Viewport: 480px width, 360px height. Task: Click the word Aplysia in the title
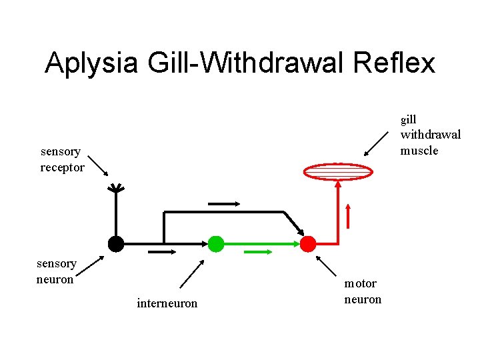[x=91, y=63]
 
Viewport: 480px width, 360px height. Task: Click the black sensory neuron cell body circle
[x=116, y=244]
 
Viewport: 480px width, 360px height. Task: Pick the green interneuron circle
[x=215, y=244]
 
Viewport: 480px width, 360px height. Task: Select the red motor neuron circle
[x=307, y=244]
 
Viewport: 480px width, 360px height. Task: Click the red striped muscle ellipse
[x=337, y=172]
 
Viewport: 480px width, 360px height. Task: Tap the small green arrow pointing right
[x=258, y=252]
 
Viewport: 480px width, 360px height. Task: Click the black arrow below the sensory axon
[x=162, y=252]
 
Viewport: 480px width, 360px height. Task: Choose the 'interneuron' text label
[x=167, y=303]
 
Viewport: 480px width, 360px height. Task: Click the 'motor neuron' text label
[x=363, y=291]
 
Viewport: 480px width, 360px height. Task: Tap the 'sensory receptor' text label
[x=62, y=159]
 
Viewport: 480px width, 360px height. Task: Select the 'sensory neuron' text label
[x=56, y=271]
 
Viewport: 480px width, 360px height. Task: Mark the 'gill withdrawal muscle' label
[x=429, y=135]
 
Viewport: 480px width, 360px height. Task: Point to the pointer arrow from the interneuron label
[x=192, y=273]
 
